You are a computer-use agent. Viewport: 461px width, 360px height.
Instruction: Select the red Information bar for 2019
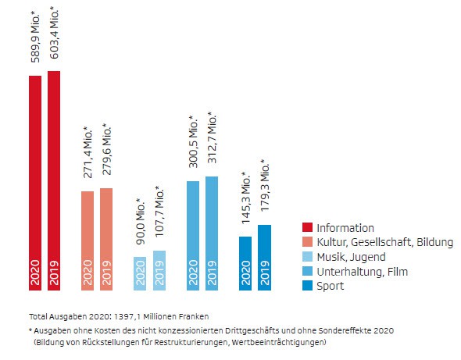pos(54,180)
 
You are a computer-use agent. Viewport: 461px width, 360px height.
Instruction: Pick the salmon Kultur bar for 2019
pos(106,239)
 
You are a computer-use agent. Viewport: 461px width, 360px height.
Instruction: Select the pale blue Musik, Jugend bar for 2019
pos(159,270)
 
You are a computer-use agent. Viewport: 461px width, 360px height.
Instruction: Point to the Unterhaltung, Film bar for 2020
pos(193,235)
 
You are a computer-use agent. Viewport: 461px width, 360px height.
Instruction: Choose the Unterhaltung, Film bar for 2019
pos(212,233)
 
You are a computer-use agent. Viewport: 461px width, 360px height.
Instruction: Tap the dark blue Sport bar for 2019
pos(264,257)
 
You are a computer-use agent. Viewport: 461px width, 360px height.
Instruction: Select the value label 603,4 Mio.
pos(54,34)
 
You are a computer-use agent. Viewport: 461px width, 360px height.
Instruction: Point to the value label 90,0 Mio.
pos(141,224)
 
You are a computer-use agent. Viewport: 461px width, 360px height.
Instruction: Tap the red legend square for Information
pos(307,227)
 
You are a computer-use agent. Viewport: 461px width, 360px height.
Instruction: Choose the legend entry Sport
pos(330,287)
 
